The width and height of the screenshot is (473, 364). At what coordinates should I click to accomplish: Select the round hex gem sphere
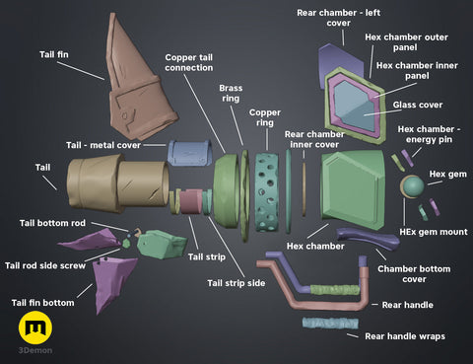(412, 184)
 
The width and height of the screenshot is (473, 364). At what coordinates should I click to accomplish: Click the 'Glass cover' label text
(417, 105)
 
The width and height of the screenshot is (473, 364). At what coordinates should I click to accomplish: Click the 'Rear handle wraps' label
(405, 336)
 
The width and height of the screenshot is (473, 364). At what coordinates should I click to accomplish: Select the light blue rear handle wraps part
(333, 323)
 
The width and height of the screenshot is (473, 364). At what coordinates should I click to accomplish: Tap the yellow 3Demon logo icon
(36, 327)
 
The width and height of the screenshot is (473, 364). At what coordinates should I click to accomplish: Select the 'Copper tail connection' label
(189, 61)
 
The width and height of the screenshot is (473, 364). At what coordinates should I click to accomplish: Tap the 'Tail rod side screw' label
(46, 265)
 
